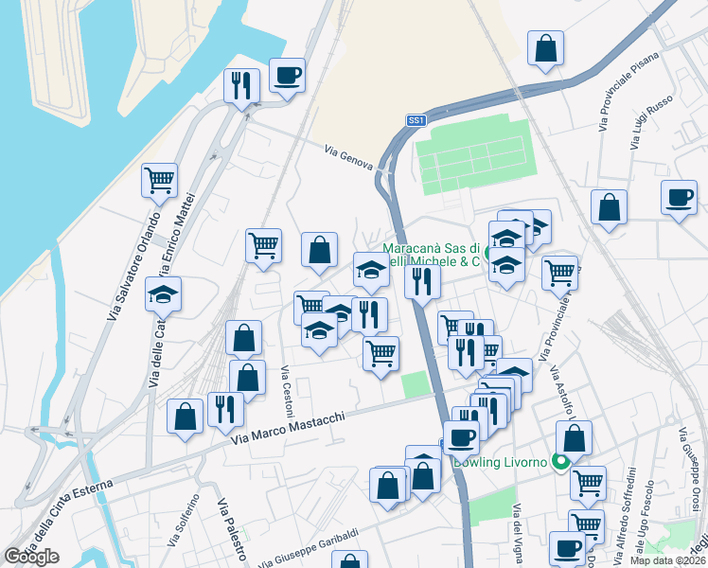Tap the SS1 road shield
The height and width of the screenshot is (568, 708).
point(416,120)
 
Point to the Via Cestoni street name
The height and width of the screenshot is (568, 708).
point(286,388)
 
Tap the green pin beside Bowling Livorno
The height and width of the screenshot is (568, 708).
point(559,463)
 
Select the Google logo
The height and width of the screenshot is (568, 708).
point(31,557)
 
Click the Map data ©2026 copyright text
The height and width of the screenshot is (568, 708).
point(668,560)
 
